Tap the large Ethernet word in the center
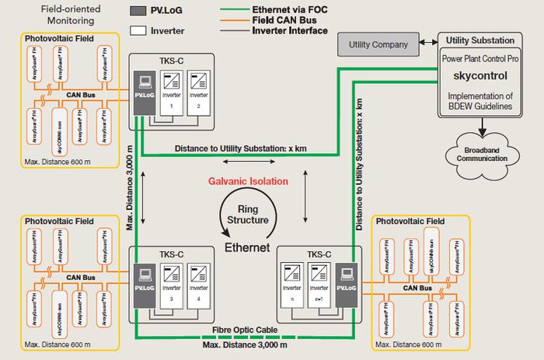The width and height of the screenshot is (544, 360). pyautogui.click(x=246, y=247)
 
